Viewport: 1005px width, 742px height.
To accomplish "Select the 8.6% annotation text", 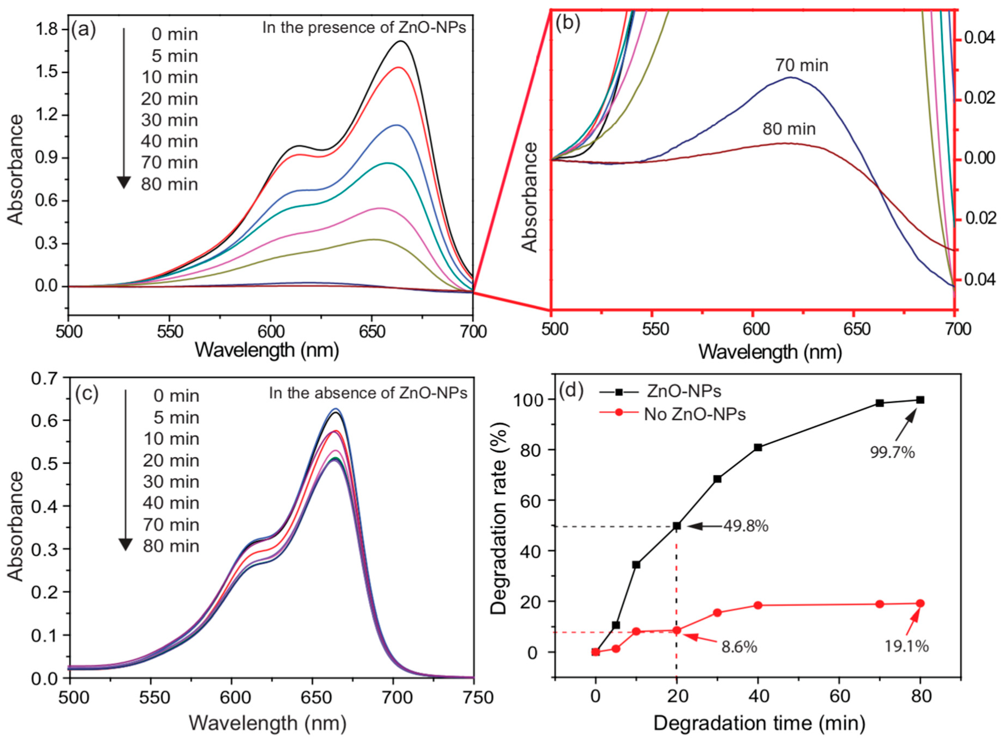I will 739,647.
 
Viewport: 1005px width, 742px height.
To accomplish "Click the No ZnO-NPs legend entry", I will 694,414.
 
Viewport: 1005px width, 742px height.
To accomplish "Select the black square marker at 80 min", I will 920,400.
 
